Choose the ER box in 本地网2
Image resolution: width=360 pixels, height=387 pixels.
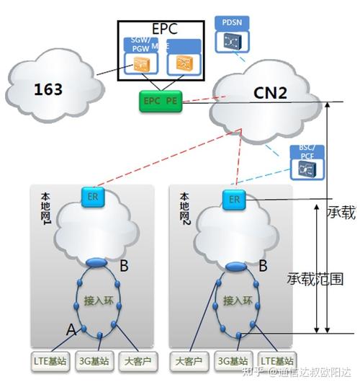click(x=234, y=199)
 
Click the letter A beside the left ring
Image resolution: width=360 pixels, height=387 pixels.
click(x=71, y=329)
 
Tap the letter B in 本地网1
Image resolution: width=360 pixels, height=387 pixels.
click(x=124, y=267)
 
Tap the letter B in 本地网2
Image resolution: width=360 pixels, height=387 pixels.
click(x=264, y=266)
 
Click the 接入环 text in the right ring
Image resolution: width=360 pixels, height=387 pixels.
click(x=236, y=300)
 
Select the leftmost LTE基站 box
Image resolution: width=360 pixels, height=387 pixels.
click(x=50, y=360)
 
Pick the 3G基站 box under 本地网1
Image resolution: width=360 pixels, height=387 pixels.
click(x=94, y=360)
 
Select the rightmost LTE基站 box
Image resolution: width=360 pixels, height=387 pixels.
click(x=277, y=360)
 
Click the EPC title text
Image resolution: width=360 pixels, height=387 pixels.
click(x=161, y=30)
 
